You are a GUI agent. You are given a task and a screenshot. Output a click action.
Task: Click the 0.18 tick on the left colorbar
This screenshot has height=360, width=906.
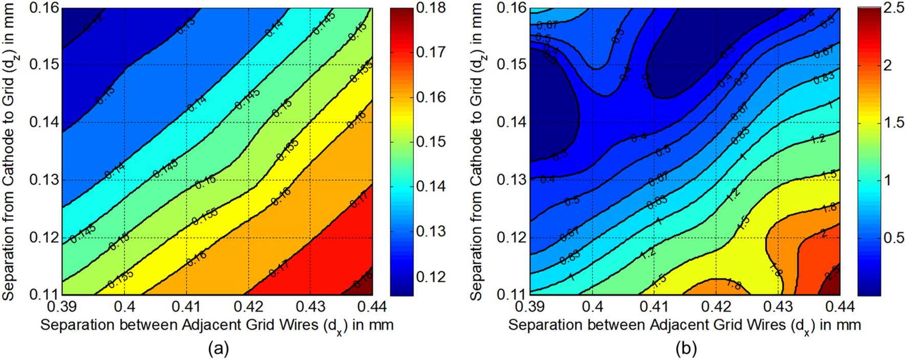430,8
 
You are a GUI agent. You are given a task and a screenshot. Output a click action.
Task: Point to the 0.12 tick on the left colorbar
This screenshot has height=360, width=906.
430,277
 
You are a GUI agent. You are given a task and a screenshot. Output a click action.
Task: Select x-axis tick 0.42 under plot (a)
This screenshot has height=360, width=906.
249,307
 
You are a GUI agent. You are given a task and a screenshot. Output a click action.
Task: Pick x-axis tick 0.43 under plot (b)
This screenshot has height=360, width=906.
778,307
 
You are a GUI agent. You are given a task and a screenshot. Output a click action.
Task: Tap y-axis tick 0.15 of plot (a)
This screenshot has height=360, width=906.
45,65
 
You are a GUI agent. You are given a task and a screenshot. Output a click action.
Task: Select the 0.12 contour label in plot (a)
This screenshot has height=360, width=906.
94,24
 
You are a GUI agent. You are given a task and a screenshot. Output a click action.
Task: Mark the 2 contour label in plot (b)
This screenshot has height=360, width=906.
824,233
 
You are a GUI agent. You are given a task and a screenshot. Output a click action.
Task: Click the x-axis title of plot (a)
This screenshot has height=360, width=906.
217,325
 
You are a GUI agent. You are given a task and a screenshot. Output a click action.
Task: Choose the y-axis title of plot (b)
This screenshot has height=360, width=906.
477,151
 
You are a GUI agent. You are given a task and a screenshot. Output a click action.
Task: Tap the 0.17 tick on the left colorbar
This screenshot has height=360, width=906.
430,52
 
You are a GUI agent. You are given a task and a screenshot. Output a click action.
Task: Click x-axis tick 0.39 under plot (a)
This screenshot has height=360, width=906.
62,307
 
